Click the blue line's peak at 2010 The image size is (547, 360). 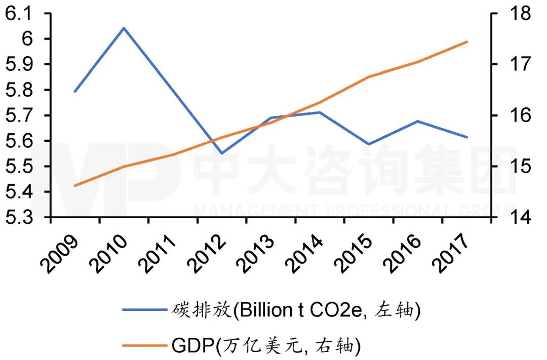point(124,28)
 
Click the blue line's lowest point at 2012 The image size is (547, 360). point(222,153)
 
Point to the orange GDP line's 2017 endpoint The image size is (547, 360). point(466,42)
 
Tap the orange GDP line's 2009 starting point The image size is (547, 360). point(75,186)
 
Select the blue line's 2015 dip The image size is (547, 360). point(369,144)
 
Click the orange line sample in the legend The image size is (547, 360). point(142,346)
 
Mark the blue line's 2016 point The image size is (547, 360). point(417,121)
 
